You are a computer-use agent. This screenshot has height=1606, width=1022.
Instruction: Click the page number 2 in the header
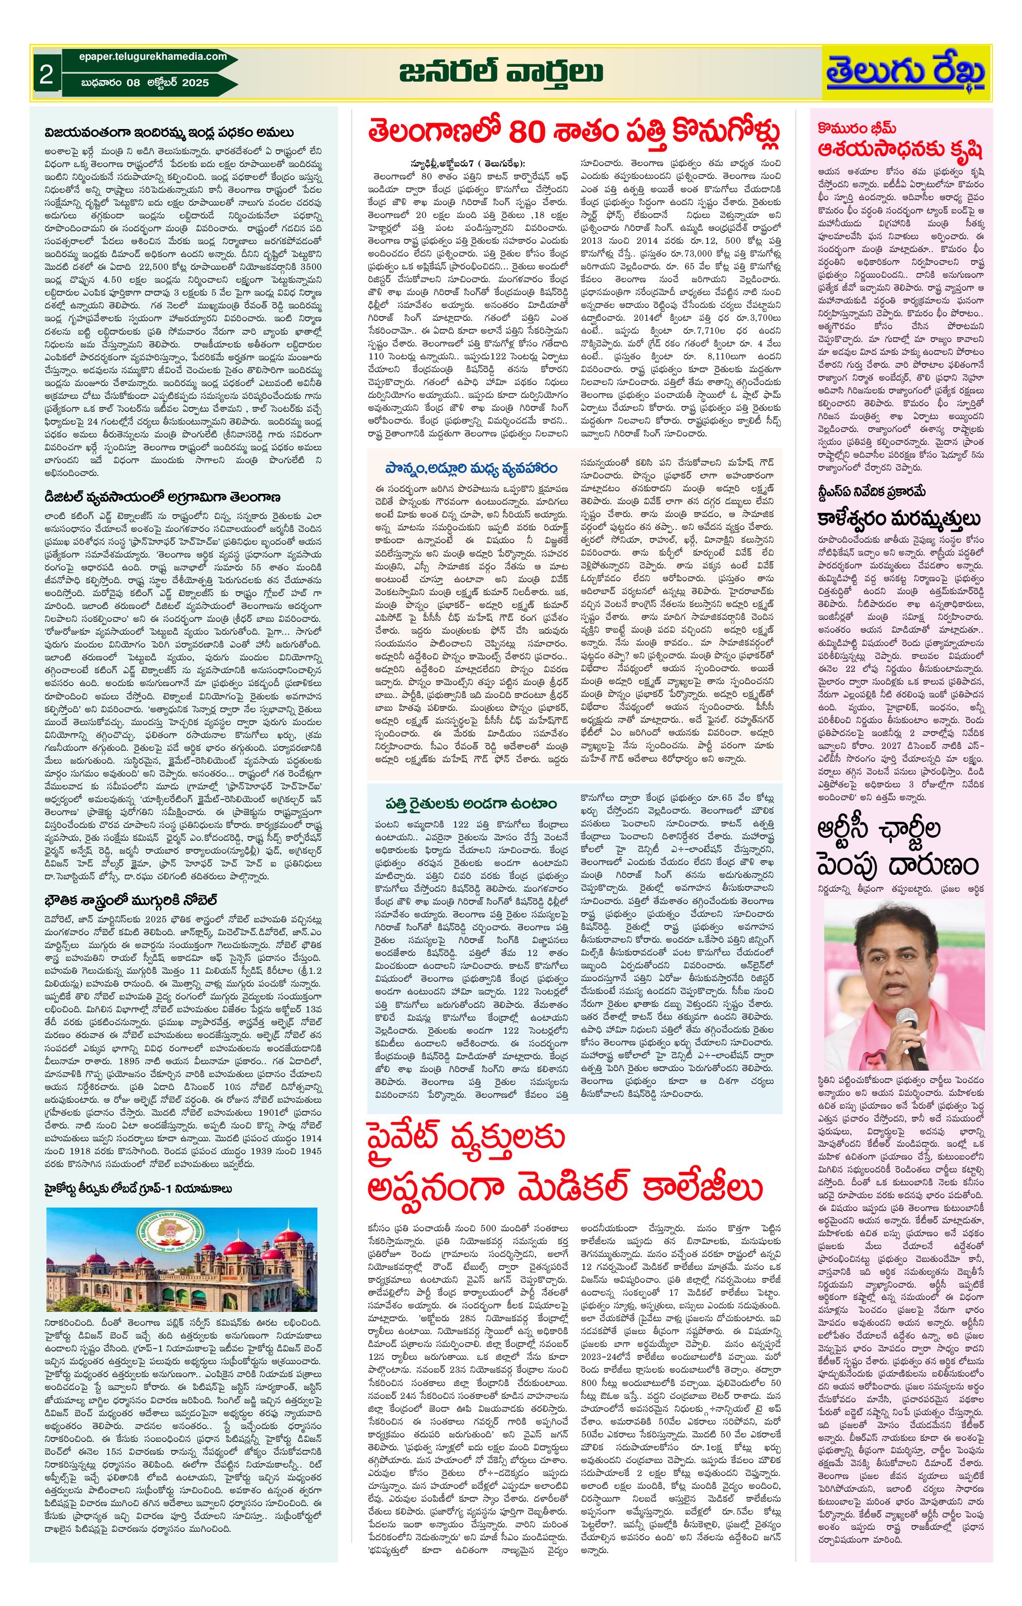click(46, 74)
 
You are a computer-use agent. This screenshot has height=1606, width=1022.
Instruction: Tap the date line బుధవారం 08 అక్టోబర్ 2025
click(145, 83)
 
